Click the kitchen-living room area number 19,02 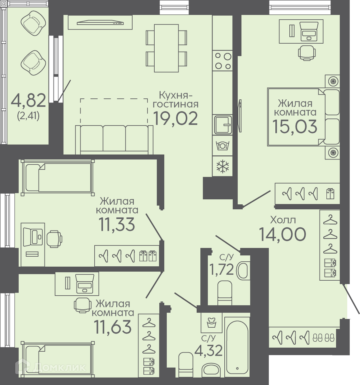pos(175,118)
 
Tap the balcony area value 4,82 pos(28,100)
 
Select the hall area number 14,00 pos(282,234)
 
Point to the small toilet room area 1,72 pos(222,270)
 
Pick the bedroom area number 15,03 pos(295,126)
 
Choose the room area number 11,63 pos(113,326)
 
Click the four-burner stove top pos(222,61)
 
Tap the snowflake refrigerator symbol pos(222,166)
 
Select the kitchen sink pos(222,125)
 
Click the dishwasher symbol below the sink pos(222,145)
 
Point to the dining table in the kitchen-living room pos(166,48)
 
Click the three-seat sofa pos(114,140)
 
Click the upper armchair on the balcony pos(33,23)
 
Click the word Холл pos(283,220)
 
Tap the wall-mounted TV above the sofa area pos(100,23)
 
